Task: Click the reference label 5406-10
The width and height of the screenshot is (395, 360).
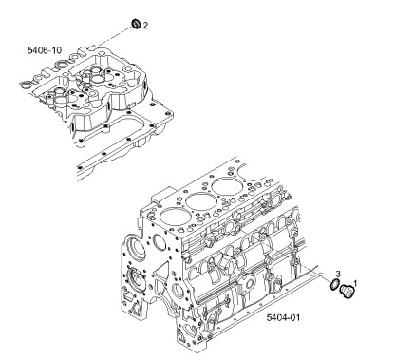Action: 45,50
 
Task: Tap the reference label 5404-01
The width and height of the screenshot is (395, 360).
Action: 283,317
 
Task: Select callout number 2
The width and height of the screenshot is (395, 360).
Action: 145,26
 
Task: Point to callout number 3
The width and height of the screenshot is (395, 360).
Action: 338,274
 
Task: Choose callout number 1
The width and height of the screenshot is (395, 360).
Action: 355,283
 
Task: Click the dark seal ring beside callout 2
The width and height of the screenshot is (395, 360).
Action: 137,24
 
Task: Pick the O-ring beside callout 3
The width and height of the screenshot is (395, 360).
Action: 334,285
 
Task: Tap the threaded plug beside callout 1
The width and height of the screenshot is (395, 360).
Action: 347,292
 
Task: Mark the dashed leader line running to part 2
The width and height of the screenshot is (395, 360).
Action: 115,36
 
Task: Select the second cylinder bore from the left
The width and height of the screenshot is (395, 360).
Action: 199,201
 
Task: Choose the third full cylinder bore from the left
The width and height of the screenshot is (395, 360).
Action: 226,186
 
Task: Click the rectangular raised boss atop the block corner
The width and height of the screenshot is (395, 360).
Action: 162,196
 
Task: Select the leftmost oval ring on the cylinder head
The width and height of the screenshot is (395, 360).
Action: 27,85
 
